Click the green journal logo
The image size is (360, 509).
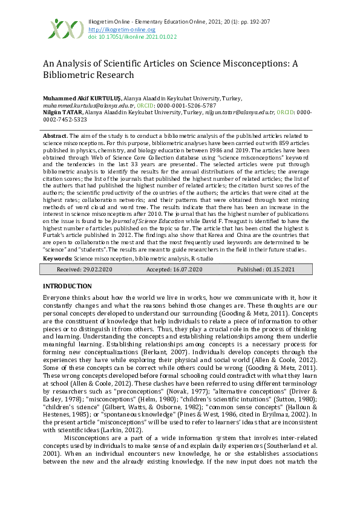[x=66, y=28]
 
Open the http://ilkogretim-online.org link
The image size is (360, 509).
[x=122, y=29]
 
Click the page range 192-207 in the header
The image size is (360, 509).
[x=264, y=22]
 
